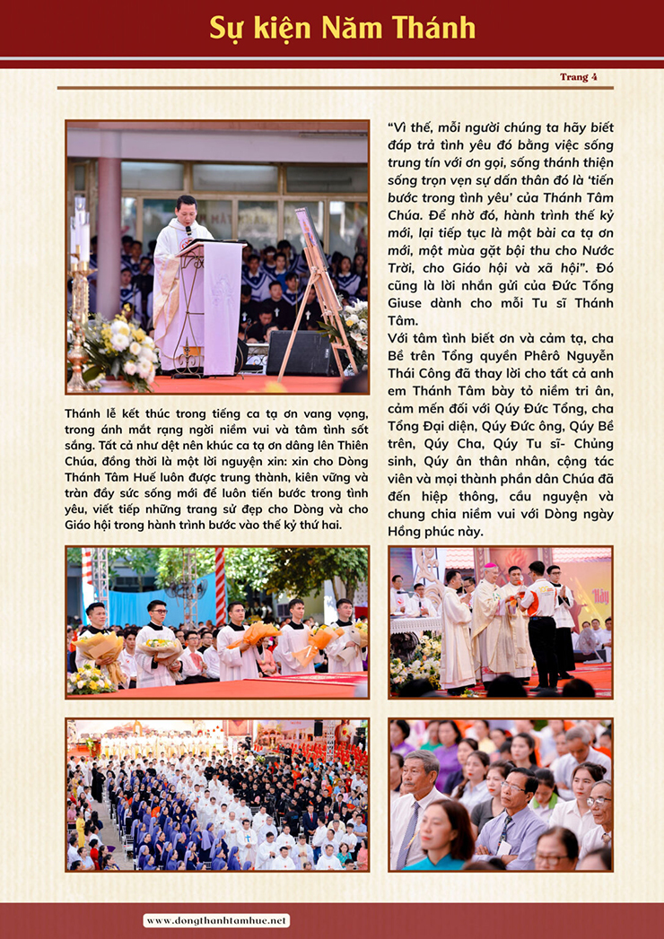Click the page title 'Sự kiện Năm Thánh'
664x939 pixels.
pos(343,28)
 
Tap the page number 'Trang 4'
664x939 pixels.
pos(578,77)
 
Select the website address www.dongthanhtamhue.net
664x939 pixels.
pos(217,920)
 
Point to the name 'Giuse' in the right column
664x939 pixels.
pos(411,303)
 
